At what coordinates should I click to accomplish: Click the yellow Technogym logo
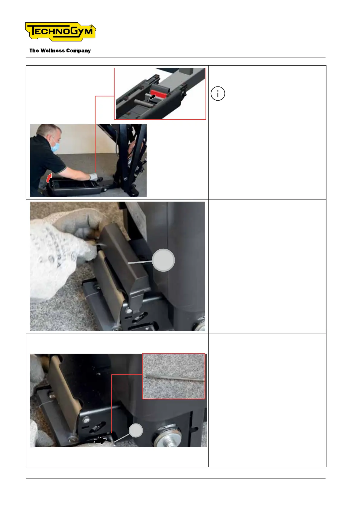[60, 31]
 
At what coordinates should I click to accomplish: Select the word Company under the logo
[78, 51]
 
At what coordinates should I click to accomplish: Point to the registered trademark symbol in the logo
[91, 26]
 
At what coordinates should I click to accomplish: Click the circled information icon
[218, 93]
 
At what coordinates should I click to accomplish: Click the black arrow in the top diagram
[152, 97]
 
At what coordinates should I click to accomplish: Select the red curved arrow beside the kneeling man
[49, 178]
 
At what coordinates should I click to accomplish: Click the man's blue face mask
[55, 147]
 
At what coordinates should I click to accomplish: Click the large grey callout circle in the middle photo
[163, 260]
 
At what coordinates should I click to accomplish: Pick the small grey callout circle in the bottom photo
[136, 430]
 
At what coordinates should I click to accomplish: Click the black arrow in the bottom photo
[100, 440]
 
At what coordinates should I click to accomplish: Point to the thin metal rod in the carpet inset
[174, 378]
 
